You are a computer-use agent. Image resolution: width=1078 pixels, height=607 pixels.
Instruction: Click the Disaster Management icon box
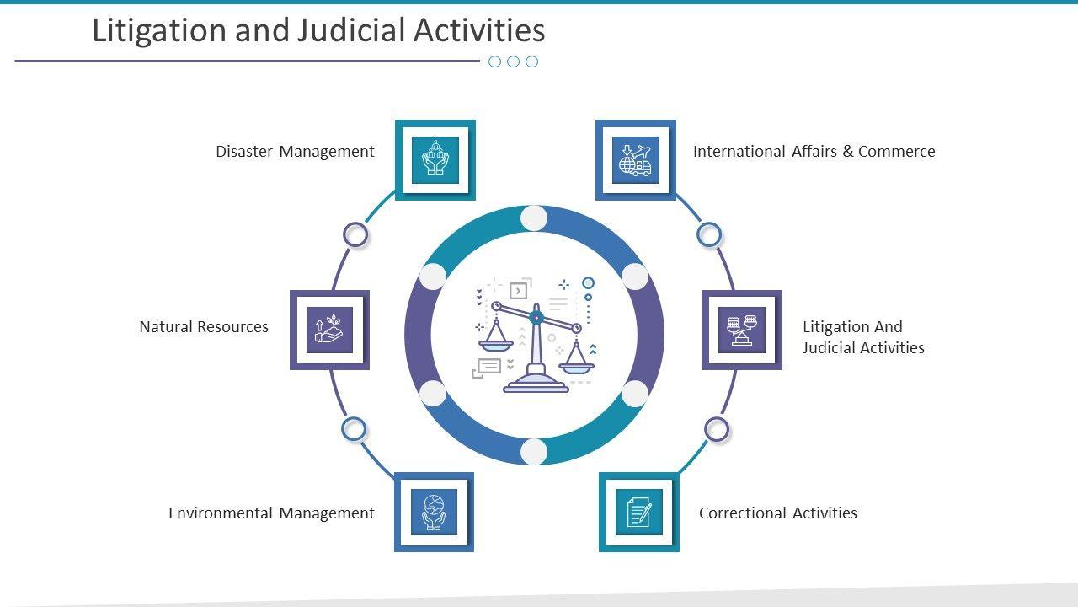pos(435,160)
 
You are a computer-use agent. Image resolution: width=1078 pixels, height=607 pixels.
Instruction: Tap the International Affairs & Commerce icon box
pos(636,160)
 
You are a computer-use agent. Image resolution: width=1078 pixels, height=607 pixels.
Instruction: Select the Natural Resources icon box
pos(329,330)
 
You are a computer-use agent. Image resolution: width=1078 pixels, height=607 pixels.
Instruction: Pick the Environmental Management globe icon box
pos(434,512)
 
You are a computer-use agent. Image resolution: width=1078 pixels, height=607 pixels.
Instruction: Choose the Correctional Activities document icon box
pos(638,512)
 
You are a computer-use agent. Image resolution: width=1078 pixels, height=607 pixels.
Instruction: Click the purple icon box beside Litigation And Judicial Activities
pos(741,330)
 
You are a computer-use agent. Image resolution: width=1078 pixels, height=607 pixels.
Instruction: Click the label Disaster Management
pos(295,152)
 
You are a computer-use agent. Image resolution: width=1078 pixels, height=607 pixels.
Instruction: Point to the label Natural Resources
pos(204,327)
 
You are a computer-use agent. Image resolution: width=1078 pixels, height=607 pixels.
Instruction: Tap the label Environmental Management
pos(271,513)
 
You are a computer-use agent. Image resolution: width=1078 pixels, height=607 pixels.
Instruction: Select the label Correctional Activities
pos(777,513)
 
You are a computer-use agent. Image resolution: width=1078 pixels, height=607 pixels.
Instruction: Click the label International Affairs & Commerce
pos(814,152)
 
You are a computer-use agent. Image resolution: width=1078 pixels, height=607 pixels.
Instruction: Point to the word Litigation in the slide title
pos(159,31)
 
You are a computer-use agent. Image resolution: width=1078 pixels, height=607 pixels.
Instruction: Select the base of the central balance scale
pos(536,384)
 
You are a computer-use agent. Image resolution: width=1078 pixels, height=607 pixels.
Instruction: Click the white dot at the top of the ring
pos(534,218)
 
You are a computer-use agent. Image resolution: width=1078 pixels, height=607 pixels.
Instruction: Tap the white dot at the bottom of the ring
pos(534,452)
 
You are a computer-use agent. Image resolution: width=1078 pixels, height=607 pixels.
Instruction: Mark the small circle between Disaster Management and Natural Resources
pos(356,235)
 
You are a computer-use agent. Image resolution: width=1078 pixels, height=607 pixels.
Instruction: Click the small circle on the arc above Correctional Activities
pos(716,430)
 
